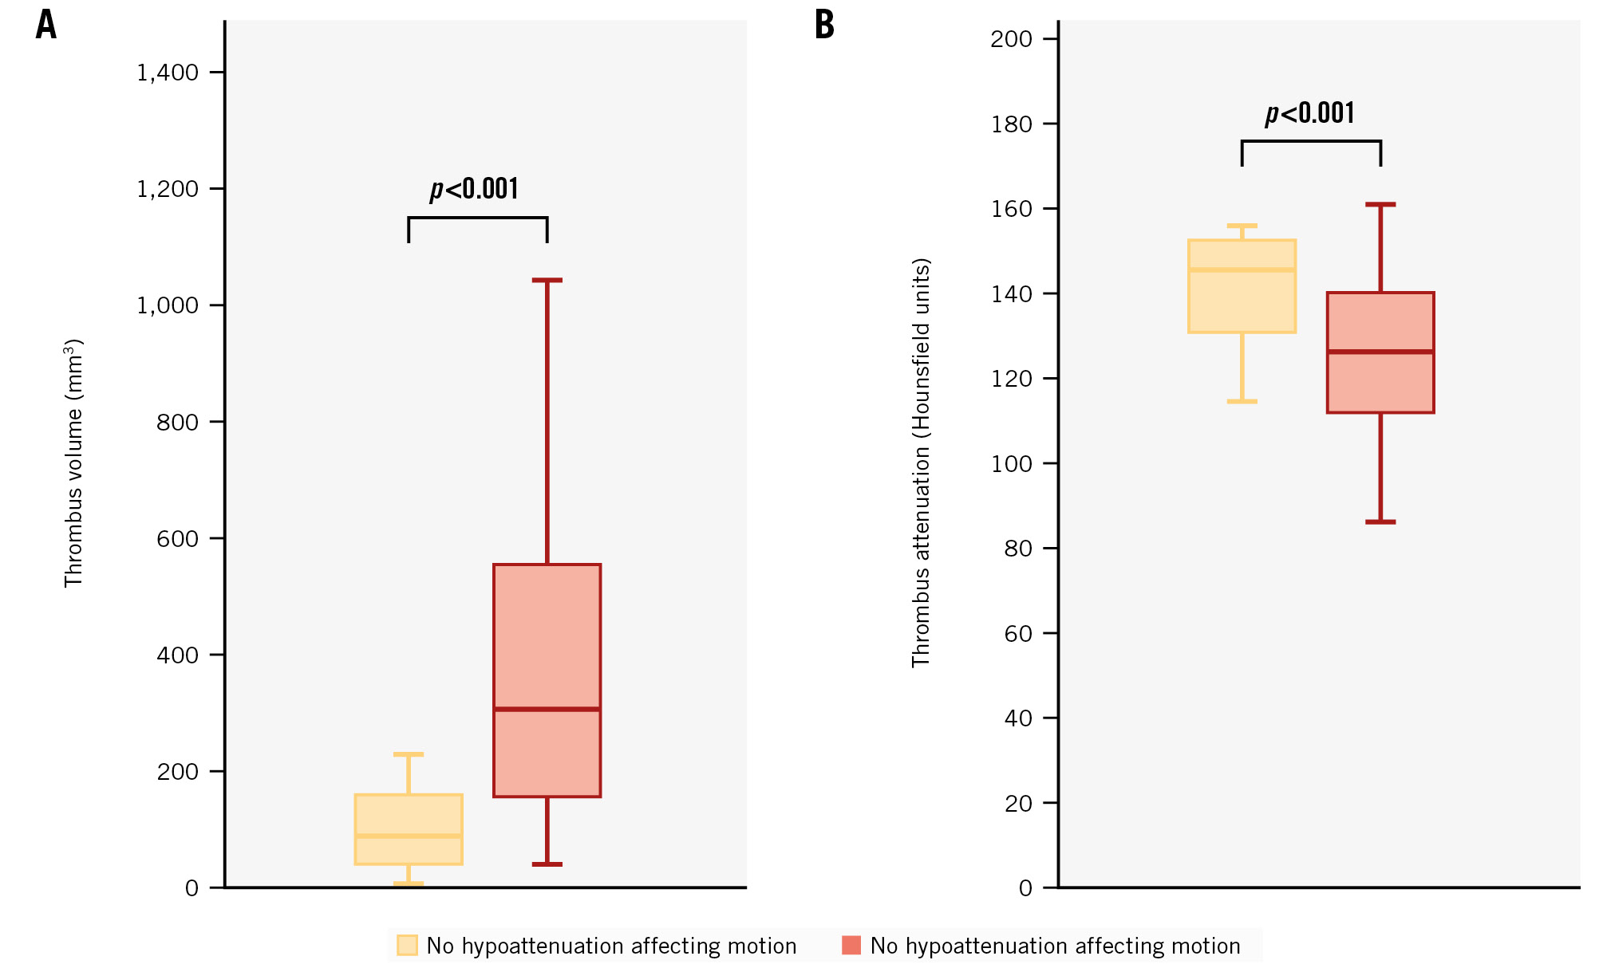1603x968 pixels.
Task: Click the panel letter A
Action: click(x=46, y=25)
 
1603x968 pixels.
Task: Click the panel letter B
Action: click(x=824, y=25)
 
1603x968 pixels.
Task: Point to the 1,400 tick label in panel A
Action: click(x=168, y=73)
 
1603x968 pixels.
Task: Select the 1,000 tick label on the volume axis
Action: click(x=168, y=305)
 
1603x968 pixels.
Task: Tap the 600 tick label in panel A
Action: click(x=177, y=539)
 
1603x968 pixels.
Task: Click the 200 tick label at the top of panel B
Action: click(x=1011, y=39)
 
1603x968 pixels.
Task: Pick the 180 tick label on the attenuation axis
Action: click(x=1011, y=124)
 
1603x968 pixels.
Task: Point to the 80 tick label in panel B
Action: click(x=1018, y=549)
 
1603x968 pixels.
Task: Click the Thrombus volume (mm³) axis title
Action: click(x=73, y=463)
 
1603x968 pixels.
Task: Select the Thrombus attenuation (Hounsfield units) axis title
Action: click(x=921, y=462)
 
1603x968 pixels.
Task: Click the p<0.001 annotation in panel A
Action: click(x=475, y=189)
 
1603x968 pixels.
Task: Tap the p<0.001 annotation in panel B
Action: click(x=1310, y=113)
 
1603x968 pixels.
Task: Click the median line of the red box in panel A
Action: click(x=547, y=709)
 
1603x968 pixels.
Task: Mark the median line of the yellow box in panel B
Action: click(x=1242, y=270)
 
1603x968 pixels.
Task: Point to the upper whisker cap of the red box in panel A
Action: click(x=547, y=281)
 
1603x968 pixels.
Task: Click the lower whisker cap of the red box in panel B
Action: click(x=1380, y=522)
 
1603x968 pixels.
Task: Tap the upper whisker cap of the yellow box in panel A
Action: click(x=409, y=754)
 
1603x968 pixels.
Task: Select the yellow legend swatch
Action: click(x=407, y=946)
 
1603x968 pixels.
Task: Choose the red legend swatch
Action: click(x=851, y=946)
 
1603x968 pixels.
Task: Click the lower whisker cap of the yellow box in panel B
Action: click(x=1242, y=401)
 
